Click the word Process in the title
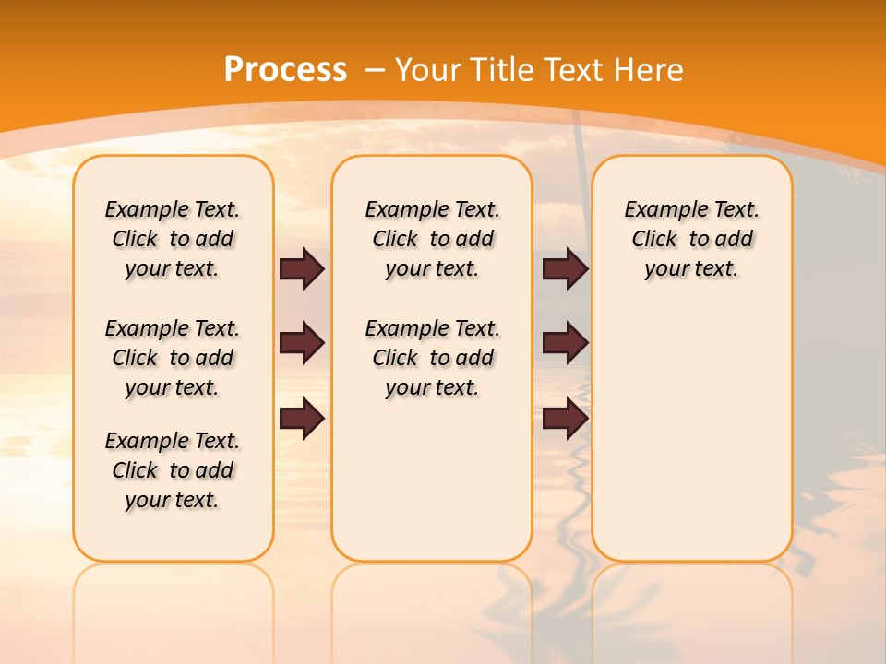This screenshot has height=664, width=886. click(x=285, y=70)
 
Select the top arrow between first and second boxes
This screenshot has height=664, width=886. click(x=302, y=269)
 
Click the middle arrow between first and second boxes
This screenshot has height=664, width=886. click(x=302, y=343)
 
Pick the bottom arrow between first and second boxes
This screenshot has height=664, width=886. click(x=302, y=419)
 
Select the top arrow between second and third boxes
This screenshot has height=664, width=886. click(x=565, y=269)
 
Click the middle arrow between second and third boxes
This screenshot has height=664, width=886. click(x=565, y=343)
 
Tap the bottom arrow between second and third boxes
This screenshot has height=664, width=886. click(x=565, y=419)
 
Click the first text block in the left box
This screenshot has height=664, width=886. click(x=173, y=239)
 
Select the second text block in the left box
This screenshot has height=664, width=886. click(x=173, y=358)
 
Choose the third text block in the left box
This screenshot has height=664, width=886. click(x=173, y=470)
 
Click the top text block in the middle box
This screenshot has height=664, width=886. click(x=432, y=239)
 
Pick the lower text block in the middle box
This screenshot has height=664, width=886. click(x=432, y=358)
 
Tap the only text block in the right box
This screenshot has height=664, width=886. click(x=691, y=239)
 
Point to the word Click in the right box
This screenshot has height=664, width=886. click(x=654, y=240)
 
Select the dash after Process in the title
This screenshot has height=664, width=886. click(x=375, y=70)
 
